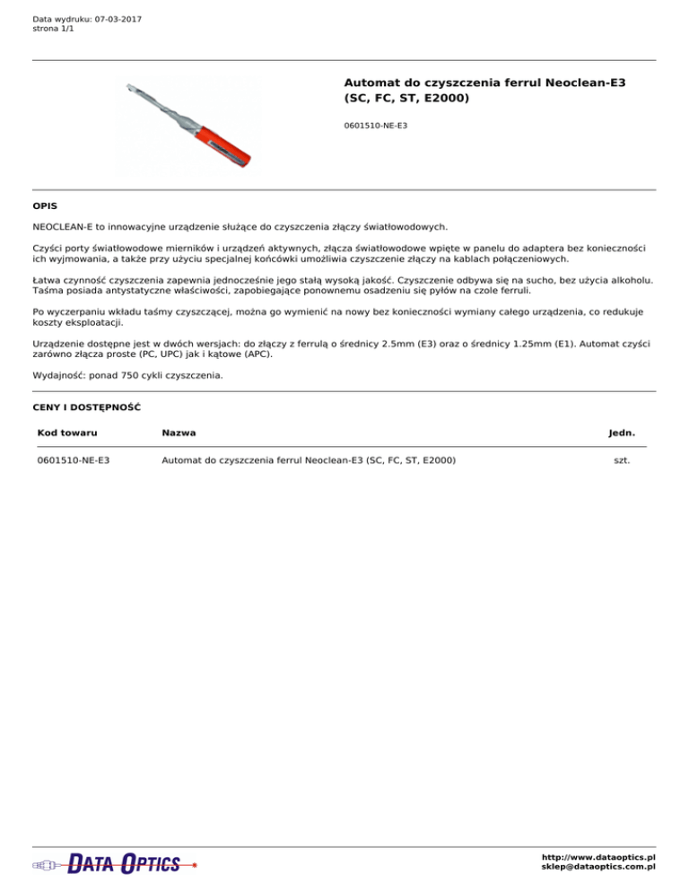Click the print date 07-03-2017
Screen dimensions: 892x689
click(x=118, y=19)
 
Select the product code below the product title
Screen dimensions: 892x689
click(x=376, y=126)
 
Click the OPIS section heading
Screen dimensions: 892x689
click(x=45, y=206)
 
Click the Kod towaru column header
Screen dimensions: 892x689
click(x=67, y=433)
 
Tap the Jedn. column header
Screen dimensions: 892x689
click(x=622, y=433)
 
